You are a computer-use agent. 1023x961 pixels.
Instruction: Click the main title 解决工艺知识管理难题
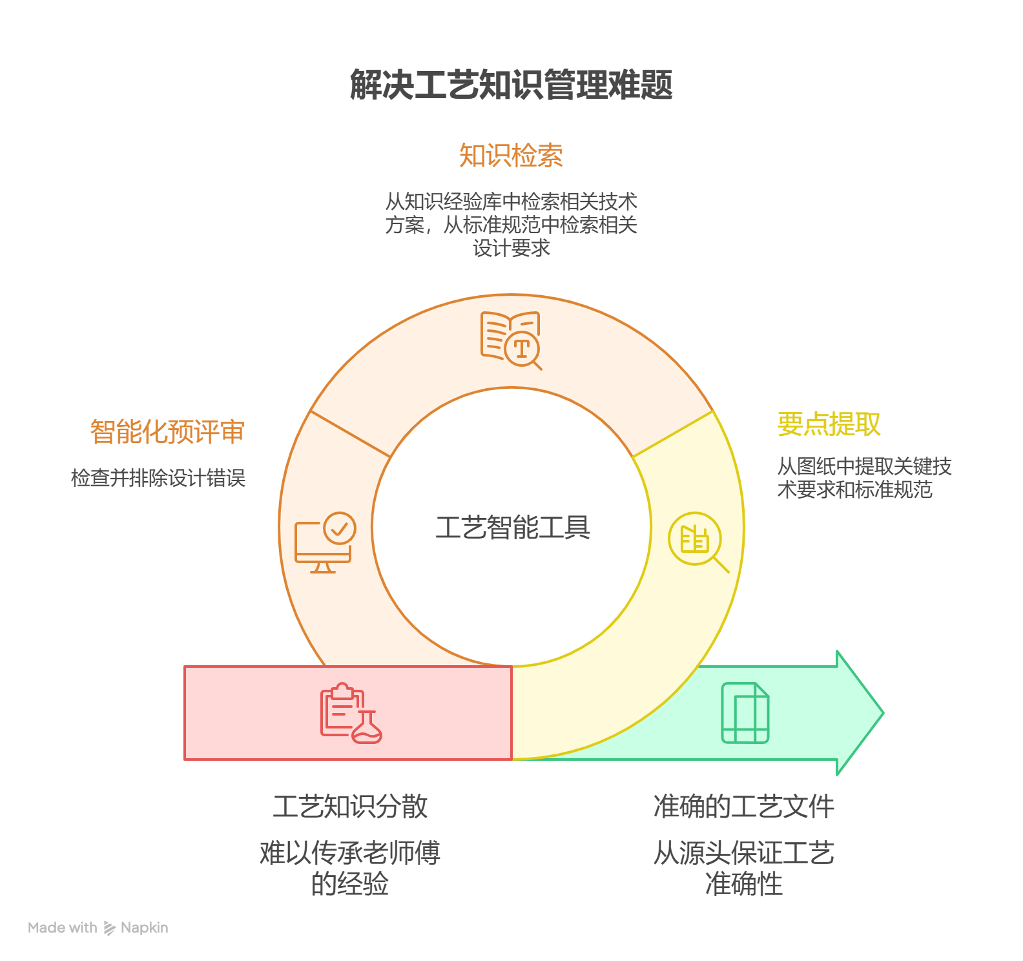coord(512,85)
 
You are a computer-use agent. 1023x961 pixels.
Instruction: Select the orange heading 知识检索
coord(511,156)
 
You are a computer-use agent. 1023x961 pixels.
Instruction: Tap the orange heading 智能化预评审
coord(167,431)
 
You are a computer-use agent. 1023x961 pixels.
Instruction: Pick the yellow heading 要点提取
coord(829,424)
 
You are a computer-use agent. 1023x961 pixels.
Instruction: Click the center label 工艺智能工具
coord(513,528)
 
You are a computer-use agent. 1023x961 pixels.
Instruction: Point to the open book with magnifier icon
coord(511,340)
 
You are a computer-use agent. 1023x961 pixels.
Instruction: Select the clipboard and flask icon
coord(351,713)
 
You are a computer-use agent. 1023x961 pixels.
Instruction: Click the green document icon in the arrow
coord(745,713)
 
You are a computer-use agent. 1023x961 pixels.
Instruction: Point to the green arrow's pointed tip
coord(883,713)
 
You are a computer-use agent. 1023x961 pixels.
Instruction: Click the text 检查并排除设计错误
coord(158,478)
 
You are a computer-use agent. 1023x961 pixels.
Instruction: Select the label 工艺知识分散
coord(350,807)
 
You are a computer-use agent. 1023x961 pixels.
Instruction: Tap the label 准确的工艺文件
coord(744,807)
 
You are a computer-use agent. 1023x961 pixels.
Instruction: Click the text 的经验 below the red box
coord(350,883)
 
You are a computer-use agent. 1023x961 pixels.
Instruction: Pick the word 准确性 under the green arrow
coord(744,883)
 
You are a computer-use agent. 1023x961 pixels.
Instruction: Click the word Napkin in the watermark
coord(145,928)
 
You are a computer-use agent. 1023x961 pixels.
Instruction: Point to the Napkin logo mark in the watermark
coord(110,928)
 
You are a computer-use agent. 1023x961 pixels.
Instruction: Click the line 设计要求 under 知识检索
coord(512,248)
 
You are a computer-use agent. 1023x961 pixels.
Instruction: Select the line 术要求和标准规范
coord(855,490)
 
